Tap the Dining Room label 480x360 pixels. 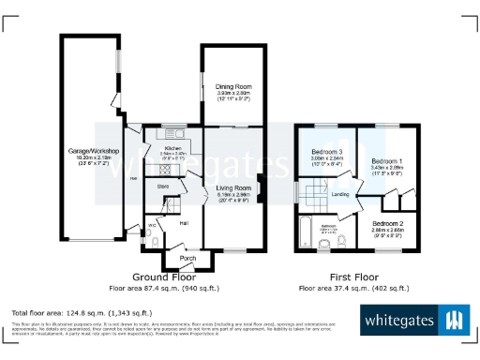point(229,86)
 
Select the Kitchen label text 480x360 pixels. point(172,148)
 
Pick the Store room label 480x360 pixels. point(163,187)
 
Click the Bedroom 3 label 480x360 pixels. point(328,152)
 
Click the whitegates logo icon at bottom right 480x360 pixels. point(455,320)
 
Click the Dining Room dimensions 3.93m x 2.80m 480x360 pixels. point(229,94)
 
